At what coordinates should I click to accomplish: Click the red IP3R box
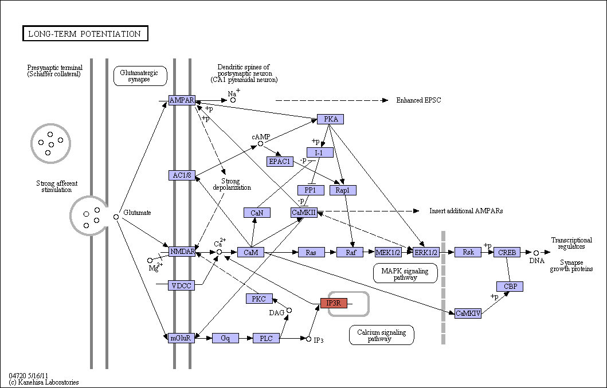tap(334, 303)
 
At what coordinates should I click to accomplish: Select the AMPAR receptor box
tap(182, 100)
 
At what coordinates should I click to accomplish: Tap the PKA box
tap(330, 119)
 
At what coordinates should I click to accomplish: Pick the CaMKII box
tap(304, 212)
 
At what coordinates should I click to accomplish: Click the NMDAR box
tap(182, 252)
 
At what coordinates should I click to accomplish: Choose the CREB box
tap(507, 252)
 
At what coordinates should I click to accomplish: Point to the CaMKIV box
tap(468, 313)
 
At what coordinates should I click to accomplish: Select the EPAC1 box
tap(280, 162)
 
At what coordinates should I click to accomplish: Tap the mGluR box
tap(182, 338)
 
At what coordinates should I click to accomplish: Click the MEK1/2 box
tap(388, 252)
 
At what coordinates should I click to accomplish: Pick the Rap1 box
tap(343, 190)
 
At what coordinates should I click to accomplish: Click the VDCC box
tap(182, 286)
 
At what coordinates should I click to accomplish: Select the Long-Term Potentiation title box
tap(85, 33)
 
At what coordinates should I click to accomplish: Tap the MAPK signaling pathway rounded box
tap(405, 273)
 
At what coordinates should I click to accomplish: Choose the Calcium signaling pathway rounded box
tap(381, 335)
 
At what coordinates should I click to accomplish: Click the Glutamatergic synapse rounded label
tap(140, 76)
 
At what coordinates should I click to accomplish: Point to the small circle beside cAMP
tap(261, 144)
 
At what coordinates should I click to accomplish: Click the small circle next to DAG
tap(289, 311)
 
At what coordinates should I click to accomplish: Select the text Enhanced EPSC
tap(418, 100)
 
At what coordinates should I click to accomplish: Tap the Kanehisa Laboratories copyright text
tap(44, 382)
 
